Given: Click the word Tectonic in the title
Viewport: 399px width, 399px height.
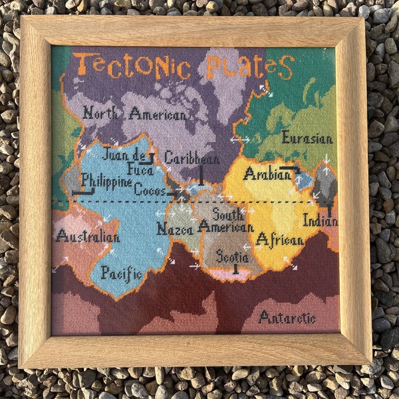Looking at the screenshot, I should click(x=132, y=66).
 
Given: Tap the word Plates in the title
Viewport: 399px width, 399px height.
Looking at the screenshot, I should click(x=249, y=66).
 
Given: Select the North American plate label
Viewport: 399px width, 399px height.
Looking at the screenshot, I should click(x=134, y=114).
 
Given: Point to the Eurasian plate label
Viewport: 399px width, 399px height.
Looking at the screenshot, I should click(x=307, y=138).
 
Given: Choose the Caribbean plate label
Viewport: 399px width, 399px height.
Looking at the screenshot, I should click(x=192, y=158).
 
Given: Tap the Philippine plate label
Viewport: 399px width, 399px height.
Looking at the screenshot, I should click(x=106, y=180).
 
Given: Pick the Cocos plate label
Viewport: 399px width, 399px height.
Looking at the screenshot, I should click(x=150, y=190).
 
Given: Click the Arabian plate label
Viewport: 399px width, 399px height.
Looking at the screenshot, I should click(x=267, y=174).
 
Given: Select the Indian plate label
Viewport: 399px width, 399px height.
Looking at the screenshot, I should click(x=320, y=220).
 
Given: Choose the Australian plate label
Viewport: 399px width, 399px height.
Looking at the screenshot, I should click(x=88, y=236).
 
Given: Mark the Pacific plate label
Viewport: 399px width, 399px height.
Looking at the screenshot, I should click(x=122, y=273).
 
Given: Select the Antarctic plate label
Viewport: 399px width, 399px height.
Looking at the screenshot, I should click(x=287, y=317).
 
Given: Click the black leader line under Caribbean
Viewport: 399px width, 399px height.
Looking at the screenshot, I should click(x=201, y=174).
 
